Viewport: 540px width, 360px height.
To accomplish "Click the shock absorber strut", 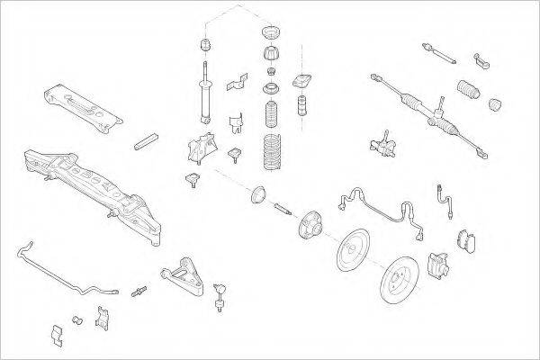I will (205, 94).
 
